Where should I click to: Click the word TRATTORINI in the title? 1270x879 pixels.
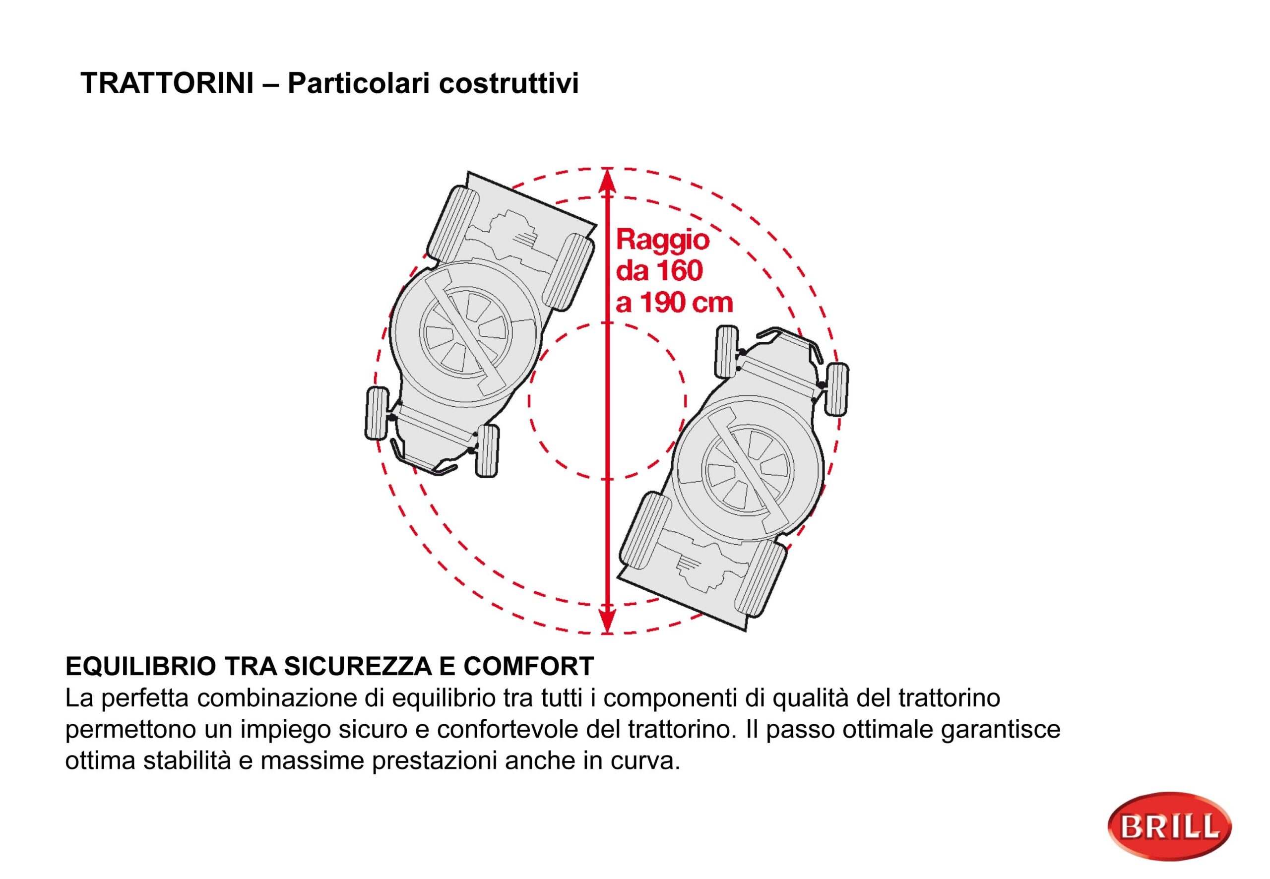tap(167, 84)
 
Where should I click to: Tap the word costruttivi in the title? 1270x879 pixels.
tap(508, 84)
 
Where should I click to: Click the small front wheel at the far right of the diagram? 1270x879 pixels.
tap(836, 389)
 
